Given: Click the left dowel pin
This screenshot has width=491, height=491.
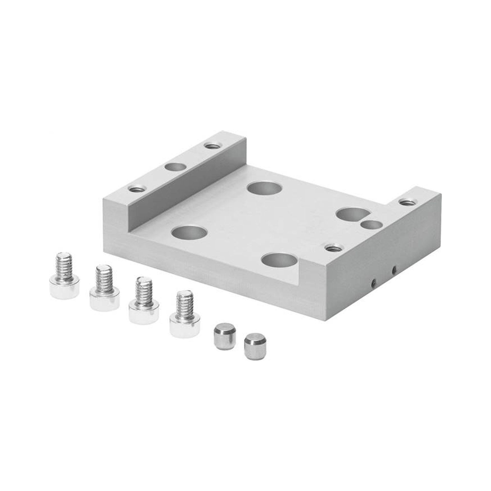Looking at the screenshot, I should coord(225,335).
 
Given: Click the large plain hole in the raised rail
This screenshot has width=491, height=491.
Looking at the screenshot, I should coord(175,167).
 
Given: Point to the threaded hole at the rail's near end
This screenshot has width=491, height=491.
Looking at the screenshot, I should coord(136,189).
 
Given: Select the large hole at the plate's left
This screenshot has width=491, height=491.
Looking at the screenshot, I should coord(189,232).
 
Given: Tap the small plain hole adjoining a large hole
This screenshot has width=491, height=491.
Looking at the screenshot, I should coord(371,225).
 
